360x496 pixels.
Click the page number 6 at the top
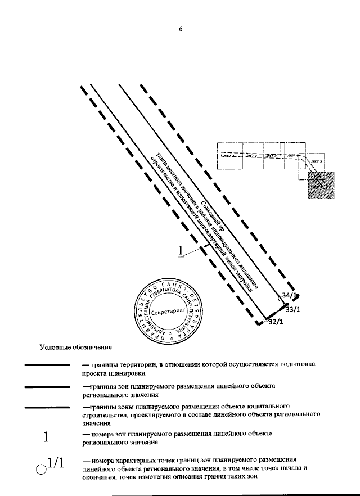pos(181,30)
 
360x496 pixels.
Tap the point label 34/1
pos(290,295)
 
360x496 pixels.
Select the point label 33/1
pos(293,309)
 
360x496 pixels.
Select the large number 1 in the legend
pos(47,437)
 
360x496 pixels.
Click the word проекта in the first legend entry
pos(94,373)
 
